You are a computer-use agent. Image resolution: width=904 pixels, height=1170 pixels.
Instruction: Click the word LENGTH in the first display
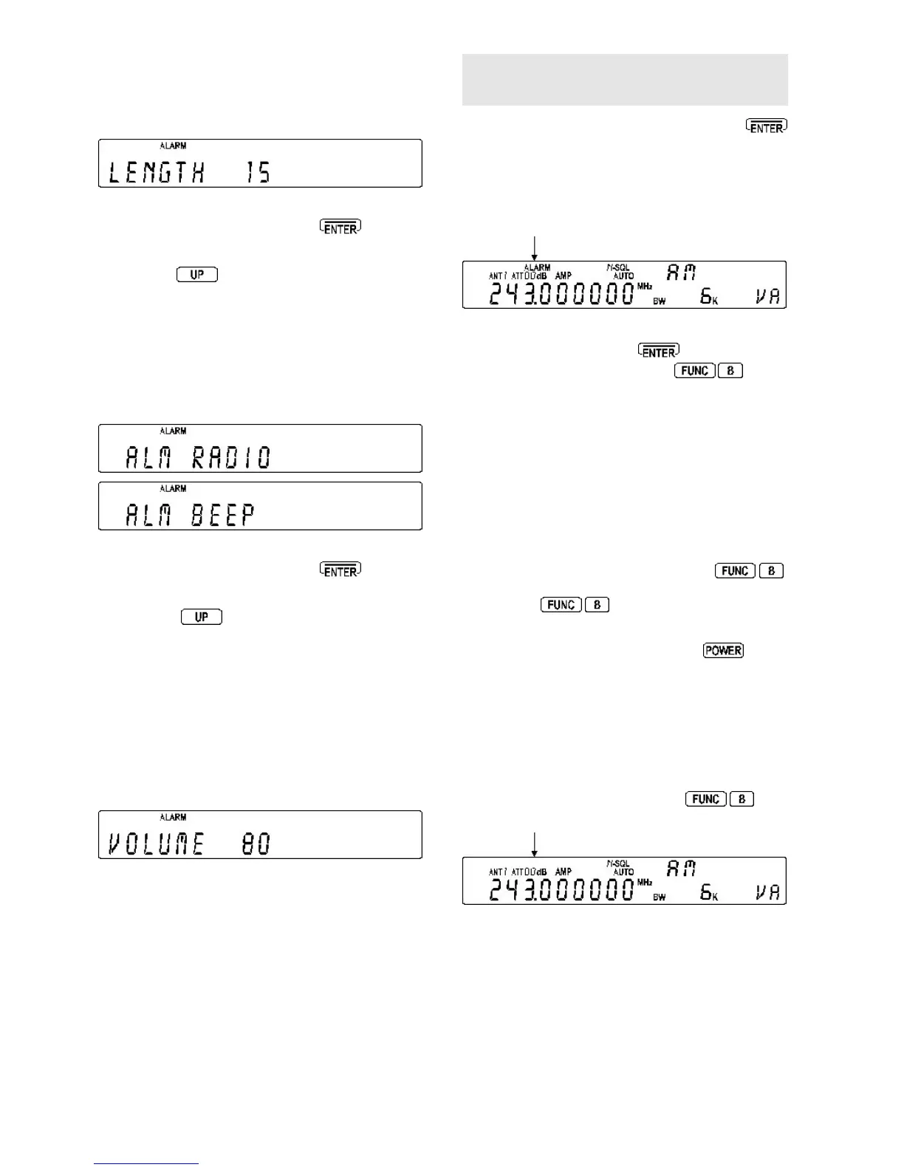pyautogui.click(x=157, y=174)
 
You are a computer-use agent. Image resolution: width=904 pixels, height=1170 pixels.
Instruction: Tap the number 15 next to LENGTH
pyautogui.click(x=258, y=174)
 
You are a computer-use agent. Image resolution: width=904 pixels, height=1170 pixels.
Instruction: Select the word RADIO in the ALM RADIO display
pyautogui.click(x=232, y=458)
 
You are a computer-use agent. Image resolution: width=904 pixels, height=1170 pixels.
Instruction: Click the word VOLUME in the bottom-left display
pyautogui.click(x=156, y=844)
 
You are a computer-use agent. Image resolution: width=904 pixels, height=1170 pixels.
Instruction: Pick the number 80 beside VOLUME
pyautogui.click(x=256, y=844)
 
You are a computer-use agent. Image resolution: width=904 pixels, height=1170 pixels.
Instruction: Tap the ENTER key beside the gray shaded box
pyautogui.click(x=767, y=126)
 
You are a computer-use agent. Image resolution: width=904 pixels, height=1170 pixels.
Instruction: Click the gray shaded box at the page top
pyautogui.click(x=625, y=80)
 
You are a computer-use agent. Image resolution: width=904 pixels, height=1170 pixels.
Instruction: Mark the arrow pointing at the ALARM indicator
pyautogui.click(x=533, y=247)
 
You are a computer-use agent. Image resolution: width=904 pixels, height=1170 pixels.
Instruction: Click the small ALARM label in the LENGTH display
pyautogui.click(x=174, y=146)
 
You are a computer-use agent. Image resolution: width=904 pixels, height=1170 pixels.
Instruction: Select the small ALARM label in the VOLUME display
pyautogui.click(x=174, y=818)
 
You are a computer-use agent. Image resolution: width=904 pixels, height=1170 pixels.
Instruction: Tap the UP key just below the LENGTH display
pyautogui.click(x=197, y=275)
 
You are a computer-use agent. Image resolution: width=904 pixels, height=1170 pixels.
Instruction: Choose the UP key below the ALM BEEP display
pyautogui.click(x=202, y=617)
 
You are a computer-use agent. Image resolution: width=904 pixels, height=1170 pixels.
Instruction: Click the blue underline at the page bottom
pyautogui.click(x=146, y=1163)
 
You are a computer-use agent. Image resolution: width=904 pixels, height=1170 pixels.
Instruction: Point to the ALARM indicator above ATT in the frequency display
pyautogui.click(x=537, y=267)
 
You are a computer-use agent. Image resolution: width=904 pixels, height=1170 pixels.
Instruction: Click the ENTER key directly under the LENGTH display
pyautogui.click(x=340, y=228)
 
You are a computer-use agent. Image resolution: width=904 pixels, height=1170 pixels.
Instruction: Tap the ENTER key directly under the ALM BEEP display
pyautogui.click(x=340, y=570)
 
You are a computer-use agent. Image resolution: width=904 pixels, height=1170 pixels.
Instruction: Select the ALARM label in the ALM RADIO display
pyautogui.click(x=174, y=431)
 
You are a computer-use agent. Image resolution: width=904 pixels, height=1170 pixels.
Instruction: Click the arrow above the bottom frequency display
pyautogui.click(x=533, y=843)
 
